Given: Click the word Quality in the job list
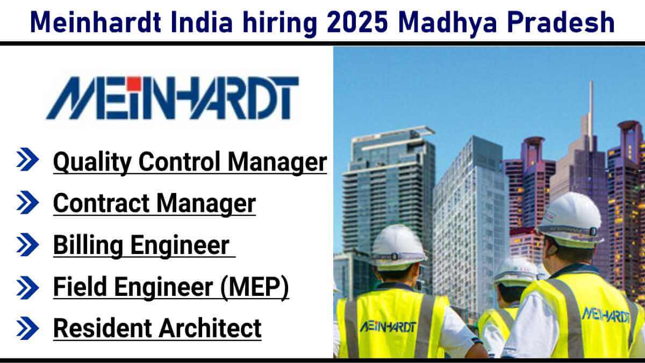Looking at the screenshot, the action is click(x=92, y=163).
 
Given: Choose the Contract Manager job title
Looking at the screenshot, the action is click(x=154, y=203).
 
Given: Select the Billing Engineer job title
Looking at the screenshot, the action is click(x=141, y=245).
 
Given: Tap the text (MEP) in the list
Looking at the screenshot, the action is click(x=255, y=287).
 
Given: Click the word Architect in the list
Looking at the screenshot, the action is click(x=210, y=328).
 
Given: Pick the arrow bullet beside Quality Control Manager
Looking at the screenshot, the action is click(x=27, y=159).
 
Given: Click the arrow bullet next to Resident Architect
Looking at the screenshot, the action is click(x=27, y=328).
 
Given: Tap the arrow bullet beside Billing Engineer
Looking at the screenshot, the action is click(x=27, y=244).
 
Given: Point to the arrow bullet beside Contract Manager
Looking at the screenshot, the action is click(x=27, y=202).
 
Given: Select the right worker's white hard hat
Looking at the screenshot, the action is click(x=570, y=219).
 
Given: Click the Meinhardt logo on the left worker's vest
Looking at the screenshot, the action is click(x=388, y=327).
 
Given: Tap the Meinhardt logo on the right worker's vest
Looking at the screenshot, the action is click(x=606, y=315).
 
